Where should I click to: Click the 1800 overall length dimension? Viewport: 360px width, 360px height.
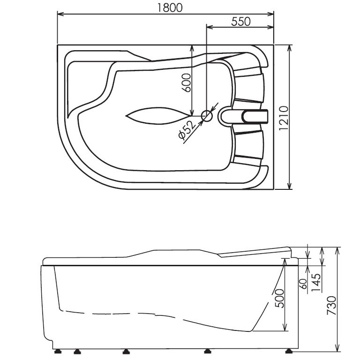[x=166, y=8]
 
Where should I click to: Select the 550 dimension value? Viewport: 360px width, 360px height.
[x=241, y=21]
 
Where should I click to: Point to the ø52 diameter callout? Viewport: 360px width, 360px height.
[x=186, y=130]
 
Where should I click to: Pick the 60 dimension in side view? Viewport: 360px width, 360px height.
[x=303, y=283]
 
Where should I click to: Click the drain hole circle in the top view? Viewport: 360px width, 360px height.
[x=206, y=115]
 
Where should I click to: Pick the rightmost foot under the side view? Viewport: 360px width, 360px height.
[x=288, y=350]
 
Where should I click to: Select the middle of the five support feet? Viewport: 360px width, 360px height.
[x=125, y=350]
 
